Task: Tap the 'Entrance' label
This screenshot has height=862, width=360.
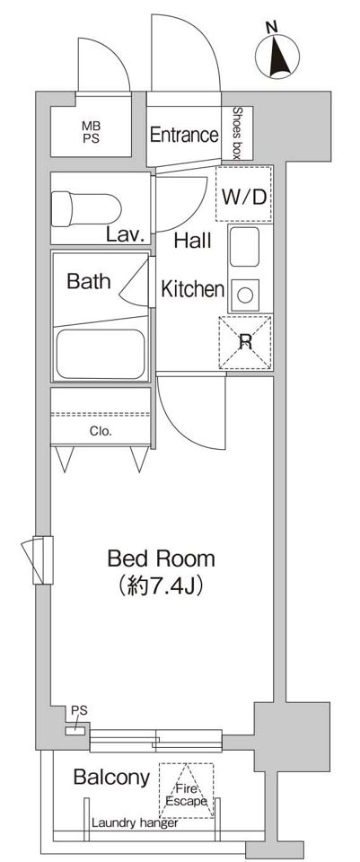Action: [x=184, y=135]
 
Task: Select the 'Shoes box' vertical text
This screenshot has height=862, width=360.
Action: [x=237, y=133]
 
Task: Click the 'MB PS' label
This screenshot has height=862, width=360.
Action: [x=92, y=133]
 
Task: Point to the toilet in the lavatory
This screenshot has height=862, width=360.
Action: [x=86, y=209]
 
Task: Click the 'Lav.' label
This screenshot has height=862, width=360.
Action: [x=126, y=236]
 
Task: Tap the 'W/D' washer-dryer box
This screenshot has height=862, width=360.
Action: [x=244, y=194]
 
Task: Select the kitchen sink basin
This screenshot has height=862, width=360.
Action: [x=244, y=247]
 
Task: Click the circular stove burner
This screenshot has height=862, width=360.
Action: [x=245, y=295]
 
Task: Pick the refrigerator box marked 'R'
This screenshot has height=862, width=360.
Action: [x=245, y=342]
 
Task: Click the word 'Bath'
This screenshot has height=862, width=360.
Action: [x=89, y=281]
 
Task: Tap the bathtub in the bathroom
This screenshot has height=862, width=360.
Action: [x=101, y=354]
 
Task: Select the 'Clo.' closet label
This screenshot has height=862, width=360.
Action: [x=101, y=432]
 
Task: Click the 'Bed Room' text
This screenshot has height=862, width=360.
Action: [x=161, y=559]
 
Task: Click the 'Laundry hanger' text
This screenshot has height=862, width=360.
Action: [x=135, y=823]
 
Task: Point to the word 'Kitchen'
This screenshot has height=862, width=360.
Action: [x=192, y=289]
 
